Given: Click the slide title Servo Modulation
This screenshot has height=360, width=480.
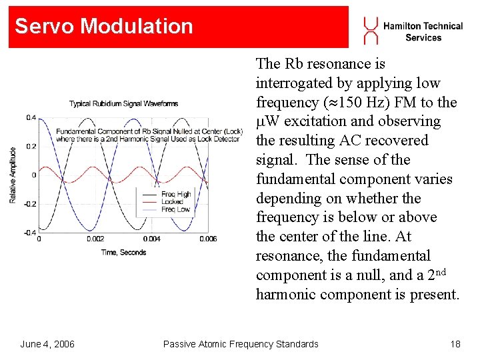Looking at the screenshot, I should [x=104, y=27].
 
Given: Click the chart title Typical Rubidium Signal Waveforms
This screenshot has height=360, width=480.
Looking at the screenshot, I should [x=123, y=103].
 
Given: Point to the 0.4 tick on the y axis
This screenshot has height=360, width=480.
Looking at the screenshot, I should [x=31, y=118].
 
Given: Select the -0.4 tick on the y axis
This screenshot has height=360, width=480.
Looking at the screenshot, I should [x=30, y=233].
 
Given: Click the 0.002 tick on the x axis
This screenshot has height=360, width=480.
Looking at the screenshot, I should [x=95, y=239].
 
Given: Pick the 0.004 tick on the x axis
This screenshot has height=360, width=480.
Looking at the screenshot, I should [x=151, y=239].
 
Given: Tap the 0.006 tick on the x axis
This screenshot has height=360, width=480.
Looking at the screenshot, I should [x=208, y=239].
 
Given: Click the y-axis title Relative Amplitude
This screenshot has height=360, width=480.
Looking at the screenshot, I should [x=13, y=175].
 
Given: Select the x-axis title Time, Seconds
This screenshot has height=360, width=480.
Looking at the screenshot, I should [x=123, y=252].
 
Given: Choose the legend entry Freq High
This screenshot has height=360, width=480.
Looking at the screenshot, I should [x=175, y=194].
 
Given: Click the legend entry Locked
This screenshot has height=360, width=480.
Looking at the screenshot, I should [x=172, y=201].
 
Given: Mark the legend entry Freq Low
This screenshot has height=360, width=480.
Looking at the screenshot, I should [x=175, y=209].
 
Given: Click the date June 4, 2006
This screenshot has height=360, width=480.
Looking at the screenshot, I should [x=47, y=344].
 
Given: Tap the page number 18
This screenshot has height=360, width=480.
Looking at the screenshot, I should [x=455, y=344].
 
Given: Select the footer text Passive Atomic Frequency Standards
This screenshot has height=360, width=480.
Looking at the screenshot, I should [x=241, y=344].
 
